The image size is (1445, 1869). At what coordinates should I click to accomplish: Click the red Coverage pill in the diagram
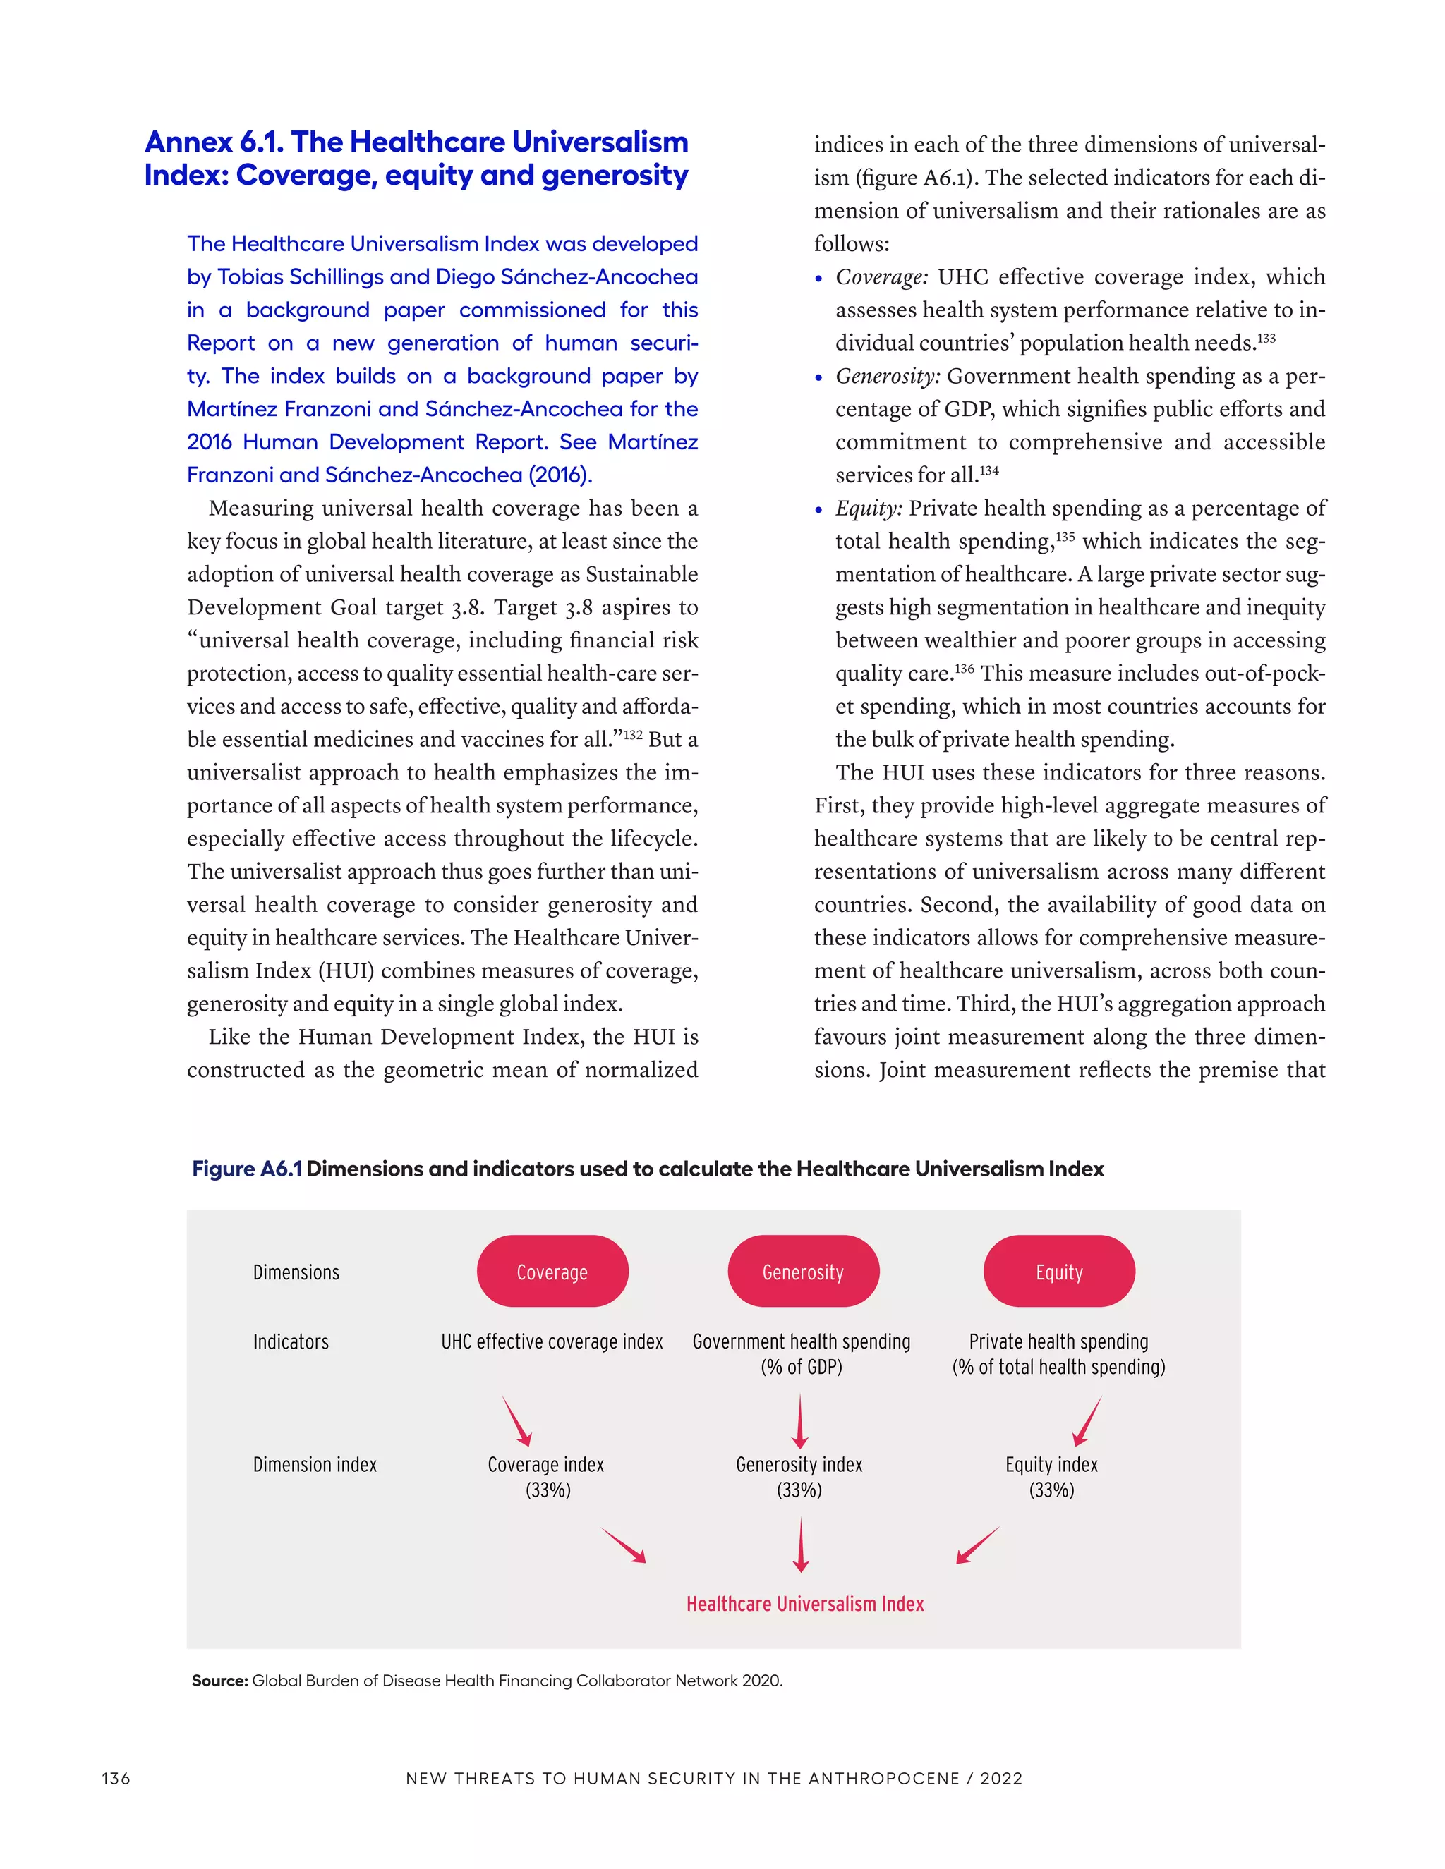[x=552, y=1272]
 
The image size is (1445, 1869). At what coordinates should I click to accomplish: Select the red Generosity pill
[x=803, y=1272]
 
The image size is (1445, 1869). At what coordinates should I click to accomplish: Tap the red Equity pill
[x=1059, y=1272]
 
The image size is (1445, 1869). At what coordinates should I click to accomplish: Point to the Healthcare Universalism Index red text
[x=804, y=1604]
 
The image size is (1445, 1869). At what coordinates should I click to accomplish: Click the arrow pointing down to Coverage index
[x=517, y=1421]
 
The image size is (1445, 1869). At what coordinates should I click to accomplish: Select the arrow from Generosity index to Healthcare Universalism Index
[x=800, y=1545]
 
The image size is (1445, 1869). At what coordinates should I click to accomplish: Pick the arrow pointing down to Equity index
[x=1087, y=1421]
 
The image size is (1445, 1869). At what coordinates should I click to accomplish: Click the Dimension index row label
[x=314, y=1465]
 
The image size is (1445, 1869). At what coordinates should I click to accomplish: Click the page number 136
[x=116, y=1778]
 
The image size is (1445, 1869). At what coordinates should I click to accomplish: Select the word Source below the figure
[x=219, y=1681]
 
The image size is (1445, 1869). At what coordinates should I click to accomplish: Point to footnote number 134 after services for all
[x=988, y=470]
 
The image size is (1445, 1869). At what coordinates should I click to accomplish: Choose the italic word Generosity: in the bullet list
[x=888, y=377]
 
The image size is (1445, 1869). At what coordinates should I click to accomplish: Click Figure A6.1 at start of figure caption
[x=246, y=1169]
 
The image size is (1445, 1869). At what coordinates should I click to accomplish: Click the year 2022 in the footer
[x=1002, y=1778]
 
